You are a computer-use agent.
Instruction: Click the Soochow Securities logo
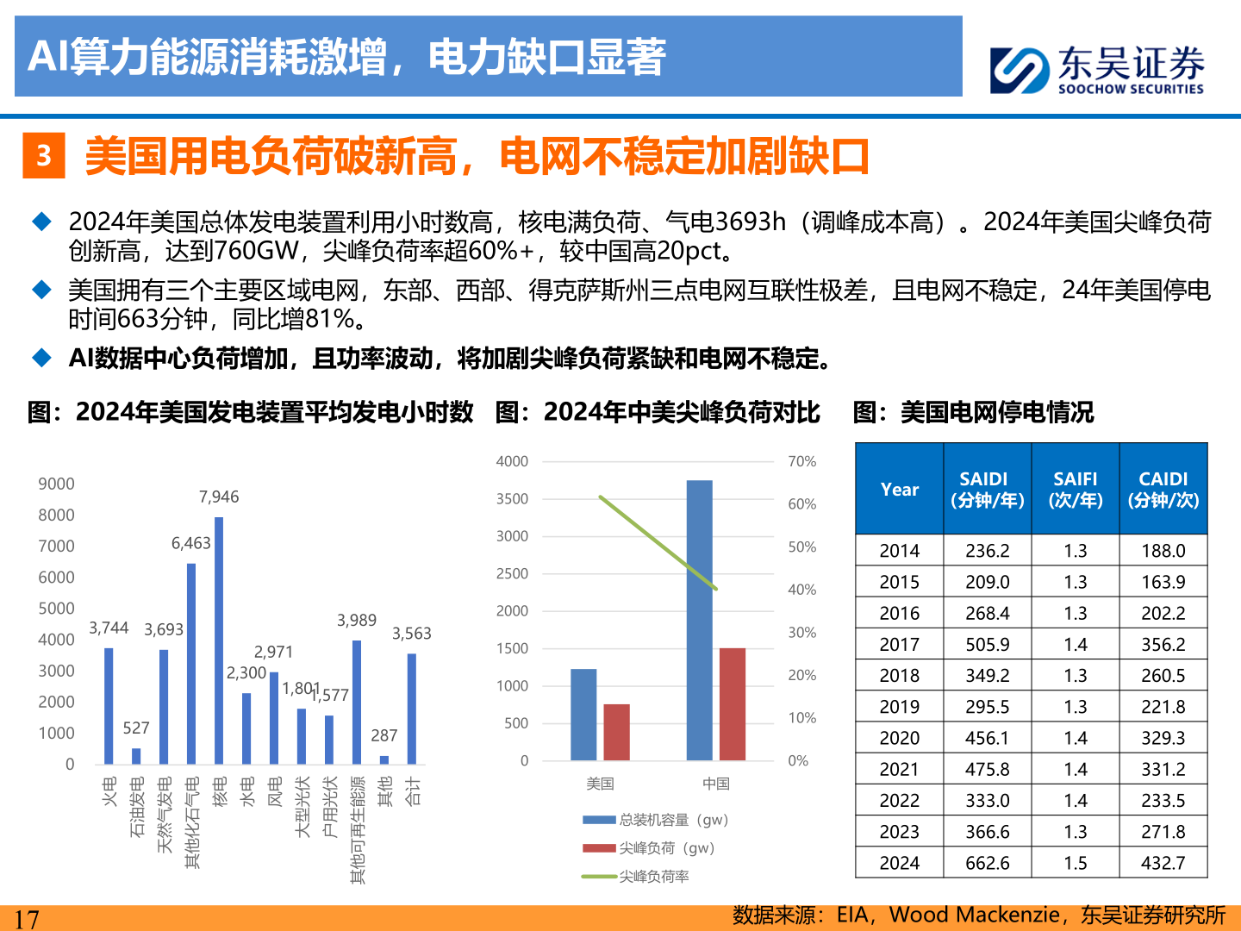(x=1096, y=69)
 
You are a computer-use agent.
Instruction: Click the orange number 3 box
(x=44, y=156)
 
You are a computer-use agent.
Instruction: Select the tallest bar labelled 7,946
(x=219, y=640)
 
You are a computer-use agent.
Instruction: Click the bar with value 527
(x=136, y=755)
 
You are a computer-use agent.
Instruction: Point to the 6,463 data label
(x=190, y=543)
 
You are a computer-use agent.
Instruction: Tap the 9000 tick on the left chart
(x=56, y=484)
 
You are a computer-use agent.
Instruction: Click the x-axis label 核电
(x=220, y=791)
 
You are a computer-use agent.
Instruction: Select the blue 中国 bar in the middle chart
(x=699, y=620)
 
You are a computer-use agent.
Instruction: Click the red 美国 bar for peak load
(x=616, y=732)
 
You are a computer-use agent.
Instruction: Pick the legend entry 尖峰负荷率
(x=653, y=877)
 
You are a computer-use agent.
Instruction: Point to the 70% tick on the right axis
(x=801, y=462)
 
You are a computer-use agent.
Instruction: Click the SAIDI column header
(x=987, y=489)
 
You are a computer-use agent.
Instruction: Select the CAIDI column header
(x=1163, y=489)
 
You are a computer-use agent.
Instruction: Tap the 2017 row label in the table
(x=899, y=645)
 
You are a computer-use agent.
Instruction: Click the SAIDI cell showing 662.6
(x=987, y=863)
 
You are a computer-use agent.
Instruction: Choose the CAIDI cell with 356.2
(x=1163, y=645)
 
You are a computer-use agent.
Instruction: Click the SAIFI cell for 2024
(x=1075, y=863)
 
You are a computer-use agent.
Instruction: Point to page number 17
(x=27, y=919)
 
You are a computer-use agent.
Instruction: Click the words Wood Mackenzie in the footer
(x=974, y=915)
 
